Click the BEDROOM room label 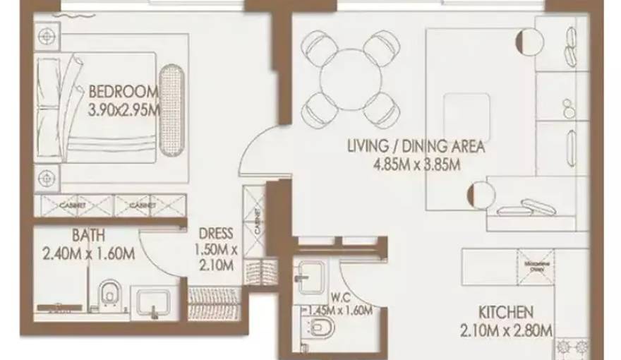click(122, 92)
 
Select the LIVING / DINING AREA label click(416, 147)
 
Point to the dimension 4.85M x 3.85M click(416, 166)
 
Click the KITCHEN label click(505, 311)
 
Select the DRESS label click(212, 233)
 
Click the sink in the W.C click(311, 276)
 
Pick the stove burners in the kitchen click(574, 347)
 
